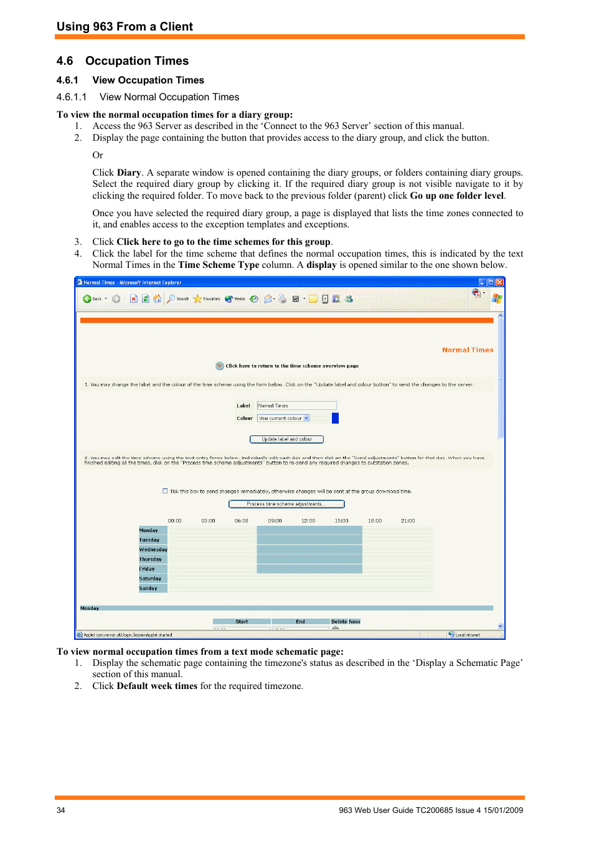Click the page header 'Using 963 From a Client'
pyautogui.click(x=125, y=27)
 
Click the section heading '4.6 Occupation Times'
pyautogui.click(x=123, y=61)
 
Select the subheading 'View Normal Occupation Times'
pyautogui.click(x=169, y=97)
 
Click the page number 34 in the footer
pyautogui.click(x=60, y=810)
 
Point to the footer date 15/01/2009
pyautogui.click(x=503, y=810)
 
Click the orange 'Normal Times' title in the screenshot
pyautogui.click(x=467, y=350)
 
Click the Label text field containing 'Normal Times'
pyautogui.click(x=296, y=406)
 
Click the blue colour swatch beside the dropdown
pyautogui.click(x=335, y=419)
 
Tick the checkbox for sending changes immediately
pyautogui.click(x=165, y=491)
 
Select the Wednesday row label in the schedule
pyautogui.click(x=153, y=549)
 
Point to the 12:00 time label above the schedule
pyautogui.click(x=308, y=521)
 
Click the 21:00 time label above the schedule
pyautogui.click(x=408, y=521)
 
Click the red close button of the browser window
pyautogui.click(x=499, y=282)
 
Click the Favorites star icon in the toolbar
pyautogui.click(x=198, y=299)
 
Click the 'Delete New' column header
pyautogui.click(x=346, y=622)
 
